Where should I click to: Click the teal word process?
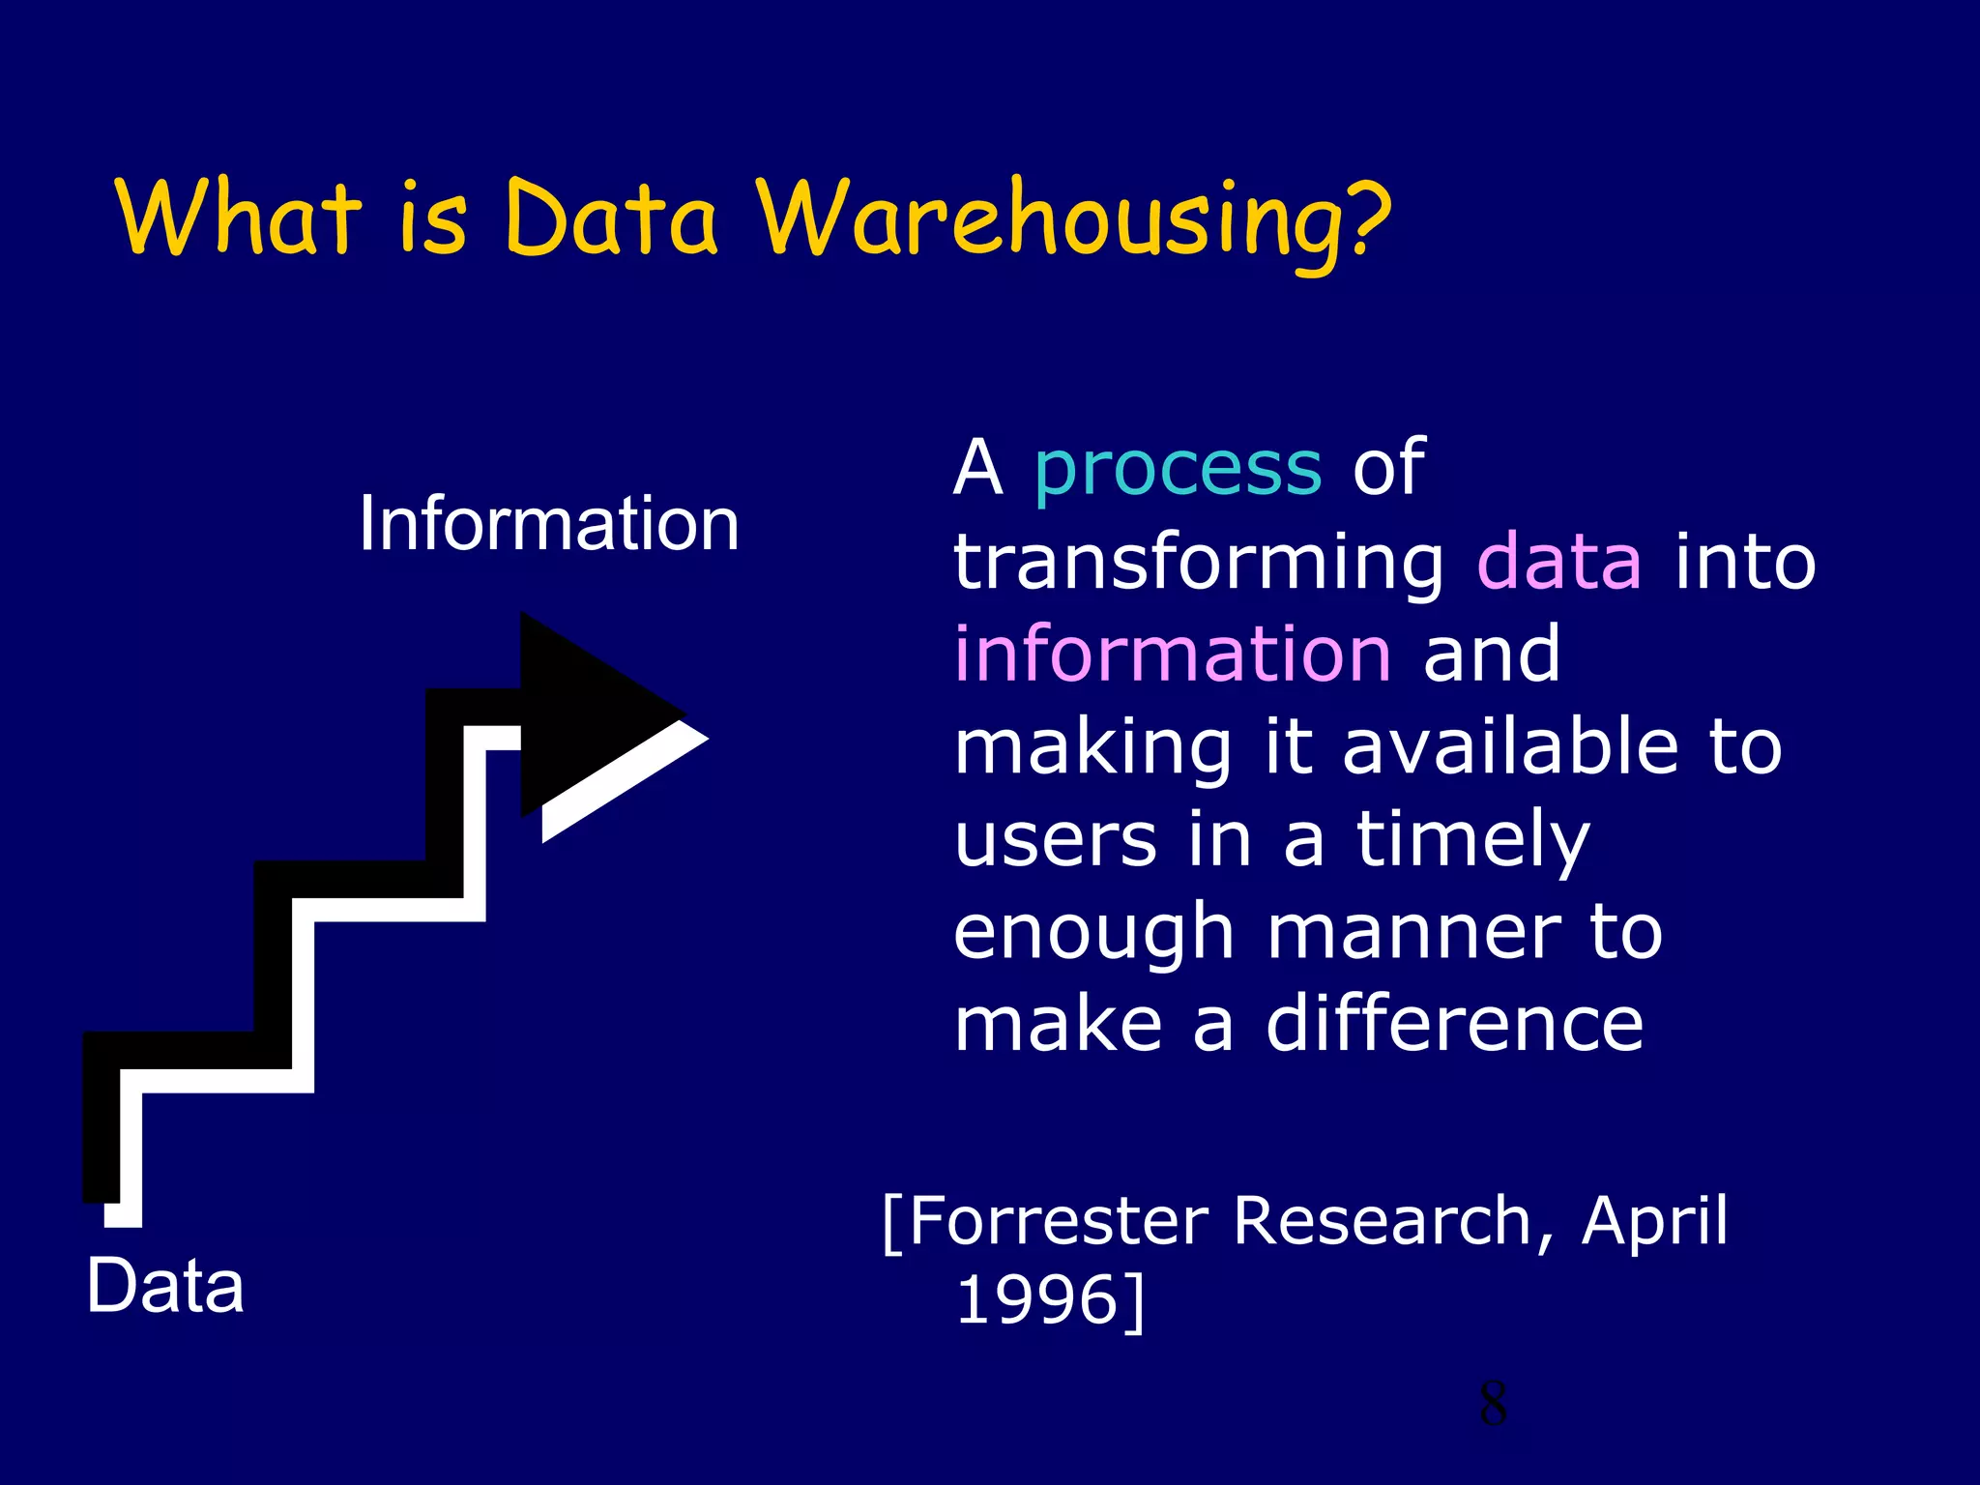(1178, 468)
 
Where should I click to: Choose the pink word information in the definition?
(1173, 654)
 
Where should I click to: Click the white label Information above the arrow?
(548, 524)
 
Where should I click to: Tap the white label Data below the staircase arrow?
(165, 1286)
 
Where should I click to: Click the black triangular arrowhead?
(590, 715)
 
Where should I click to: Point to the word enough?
(1093, 934)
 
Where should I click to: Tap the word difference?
(1454, 1025)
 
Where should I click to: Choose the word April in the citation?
(1654, 1223)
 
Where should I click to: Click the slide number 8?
(1493, 1404)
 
